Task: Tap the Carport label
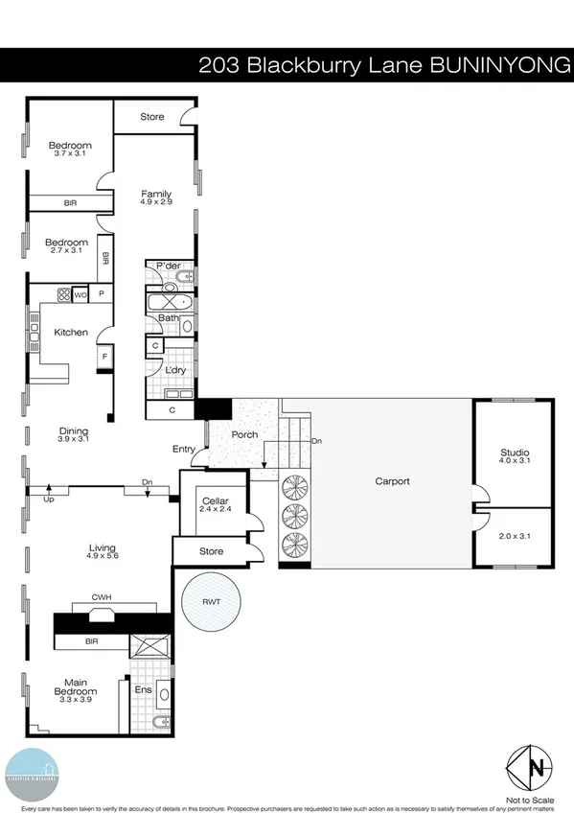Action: pos(391,481)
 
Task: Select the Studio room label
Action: pos(515,453)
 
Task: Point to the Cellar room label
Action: pos(213,500)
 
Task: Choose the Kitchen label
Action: pos(71,333)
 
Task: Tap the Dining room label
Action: pos(73,431)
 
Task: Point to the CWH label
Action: pos(103,598)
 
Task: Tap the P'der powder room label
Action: pos(169,266)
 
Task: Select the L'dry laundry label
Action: pos(175,370)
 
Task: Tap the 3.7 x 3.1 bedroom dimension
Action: pos(70,154)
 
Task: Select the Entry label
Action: pos(183,449)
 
